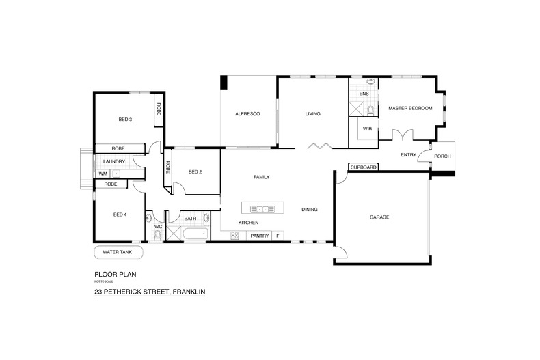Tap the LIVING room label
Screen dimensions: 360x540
(312, 113)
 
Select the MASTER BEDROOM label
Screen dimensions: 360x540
(410, 108)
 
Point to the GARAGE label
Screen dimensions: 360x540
(379, 217)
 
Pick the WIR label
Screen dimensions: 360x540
(367, 128)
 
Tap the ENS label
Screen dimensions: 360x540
(364, 93)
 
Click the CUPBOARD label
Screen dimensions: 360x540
(363, 167)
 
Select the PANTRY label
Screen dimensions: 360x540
(259, 236)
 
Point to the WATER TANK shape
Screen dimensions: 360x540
(118, 252)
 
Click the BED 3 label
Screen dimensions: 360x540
(125, 120)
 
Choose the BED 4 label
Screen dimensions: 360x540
(120, 214)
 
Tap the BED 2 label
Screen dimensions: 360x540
(195, 171)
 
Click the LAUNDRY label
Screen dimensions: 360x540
(114, 161)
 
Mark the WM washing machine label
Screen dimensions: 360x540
(103, 174)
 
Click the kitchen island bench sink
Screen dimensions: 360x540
(261, 208)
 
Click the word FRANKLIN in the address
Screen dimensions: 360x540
(189, 292)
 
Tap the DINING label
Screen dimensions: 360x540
(310, 209)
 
